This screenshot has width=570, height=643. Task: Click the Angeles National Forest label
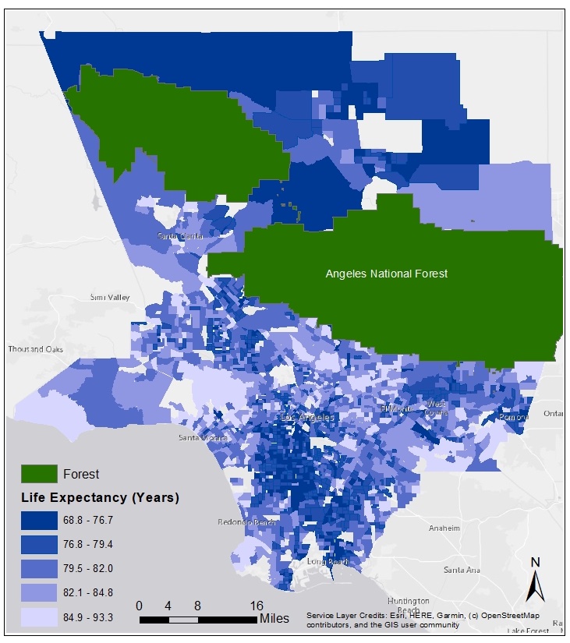386,274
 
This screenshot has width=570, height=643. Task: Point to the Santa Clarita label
180,235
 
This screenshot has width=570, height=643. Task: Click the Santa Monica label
202,437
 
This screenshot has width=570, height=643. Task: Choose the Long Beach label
327,561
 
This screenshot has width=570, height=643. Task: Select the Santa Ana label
462,570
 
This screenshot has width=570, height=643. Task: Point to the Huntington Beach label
408,606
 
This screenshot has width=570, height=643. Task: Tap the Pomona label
514,417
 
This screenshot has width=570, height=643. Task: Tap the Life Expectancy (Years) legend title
100,497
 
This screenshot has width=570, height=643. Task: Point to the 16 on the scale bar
257,606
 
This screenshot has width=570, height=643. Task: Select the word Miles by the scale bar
274,619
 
